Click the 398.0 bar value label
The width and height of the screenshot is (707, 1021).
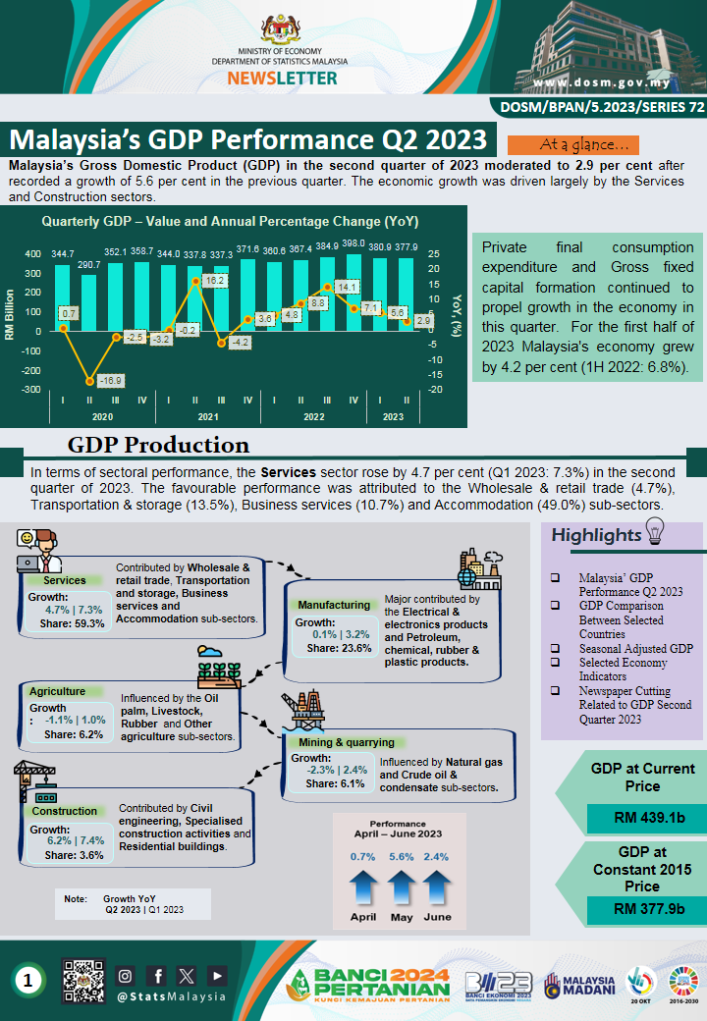point(354,242)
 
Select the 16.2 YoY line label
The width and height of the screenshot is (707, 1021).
point(215,281)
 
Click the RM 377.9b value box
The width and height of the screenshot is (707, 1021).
point(642,908)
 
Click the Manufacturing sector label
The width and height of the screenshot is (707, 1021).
point(334,605)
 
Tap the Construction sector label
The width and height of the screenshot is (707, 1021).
point(65,811)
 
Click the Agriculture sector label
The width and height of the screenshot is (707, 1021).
point(57,691)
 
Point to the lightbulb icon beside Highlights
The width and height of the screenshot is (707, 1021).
point(654,531)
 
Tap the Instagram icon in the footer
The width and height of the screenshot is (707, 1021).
point(125,975)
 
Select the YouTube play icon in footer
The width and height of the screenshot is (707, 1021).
point(217,975)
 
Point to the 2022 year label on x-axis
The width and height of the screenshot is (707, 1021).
point(313,417)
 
